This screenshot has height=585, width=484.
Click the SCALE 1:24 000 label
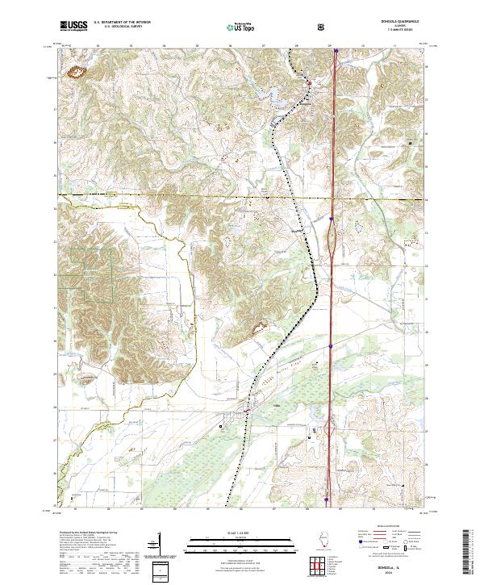pos(241,533)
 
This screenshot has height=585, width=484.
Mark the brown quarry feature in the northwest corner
pos(79,73)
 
